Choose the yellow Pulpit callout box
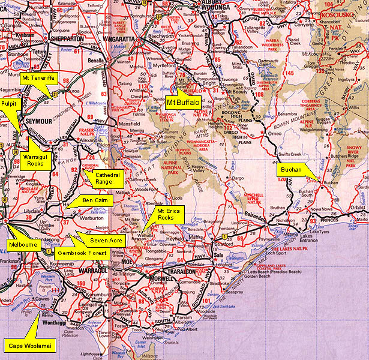(x=11, y=103)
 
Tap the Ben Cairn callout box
(x=95, y=199)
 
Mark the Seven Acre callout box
(x=106, y=241)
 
